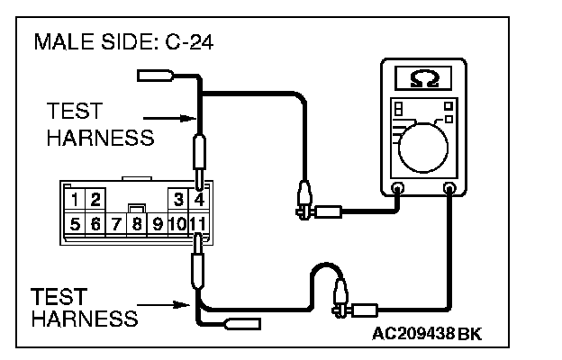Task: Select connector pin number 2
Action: pyautogui.click(x=95, y=198)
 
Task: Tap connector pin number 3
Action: pyautogui.click(x=179, y=198)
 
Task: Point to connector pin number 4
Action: pyautogui.click(x=199, y=198)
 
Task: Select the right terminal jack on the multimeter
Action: pyautogui.click(x=450, y=189)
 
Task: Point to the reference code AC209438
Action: pyautogui.click(x=413, y=333)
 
